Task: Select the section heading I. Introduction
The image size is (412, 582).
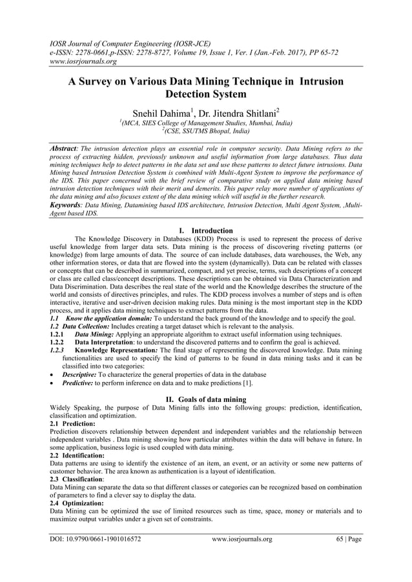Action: click(x=205, y=230)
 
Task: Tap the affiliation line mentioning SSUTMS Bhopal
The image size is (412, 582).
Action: click(x=205, y=130)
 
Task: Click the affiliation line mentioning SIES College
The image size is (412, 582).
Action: click(x=205, y=122)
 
